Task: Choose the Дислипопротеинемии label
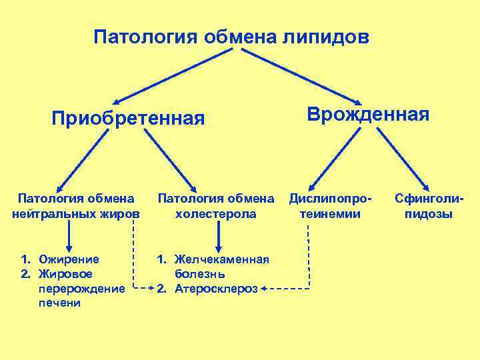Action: [330, 206]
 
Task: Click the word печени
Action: [59, 303]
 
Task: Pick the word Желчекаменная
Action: [221, 259]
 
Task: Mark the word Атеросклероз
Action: [215, 288]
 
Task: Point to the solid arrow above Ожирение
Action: [68, 236]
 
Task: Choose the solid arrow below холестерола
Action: [219, 236]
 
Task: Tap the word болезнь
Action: [199, 273]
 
